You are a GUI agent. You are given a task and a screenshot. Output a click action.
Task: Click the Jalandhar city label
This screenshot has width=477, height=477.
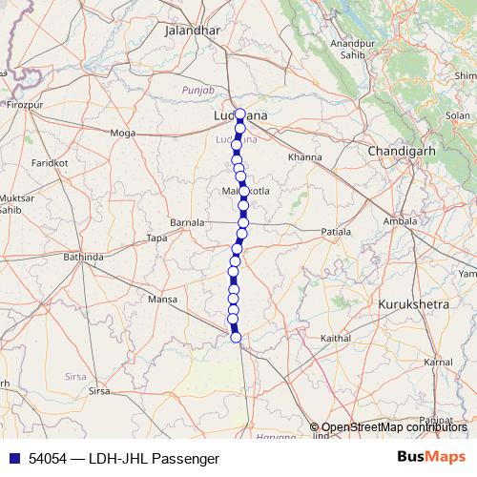pos(193,31)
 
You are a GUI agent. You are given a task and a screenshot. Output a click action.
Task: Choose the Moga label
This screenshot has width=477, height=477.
pos(124,133)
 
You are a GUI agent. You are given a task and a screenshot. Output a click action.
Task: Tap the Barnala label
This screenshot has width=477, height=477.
pos(187,222)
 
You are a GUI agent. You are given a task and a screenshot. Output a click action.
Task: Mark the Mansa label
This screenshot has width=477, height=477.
pos(164,300)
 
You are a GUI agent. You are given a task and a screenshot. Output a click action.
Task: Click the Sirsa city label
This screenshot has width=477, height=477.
pos(99,391)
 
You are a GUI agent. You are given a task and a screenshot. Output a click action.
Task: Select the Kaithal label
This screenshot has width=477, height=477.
pos(336,338)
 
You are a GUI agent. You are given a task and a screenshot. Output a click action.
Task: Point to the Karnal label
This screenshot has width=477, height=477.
pos(438,363)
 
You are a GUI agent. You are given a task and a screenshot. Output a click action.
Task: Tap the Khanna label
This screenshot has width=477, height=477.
pos(305,156)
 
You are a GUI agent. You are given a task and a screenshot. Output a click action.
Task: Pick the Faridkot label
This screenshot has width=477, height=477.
pos(50,163)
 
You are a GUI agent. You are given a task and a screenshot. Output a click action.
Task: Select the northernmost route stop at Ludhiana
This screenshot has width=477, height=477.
pos(240,114)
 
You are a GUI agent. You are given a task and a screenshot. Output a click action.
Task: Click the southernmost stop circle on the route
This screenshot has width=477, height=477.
pos(236,337)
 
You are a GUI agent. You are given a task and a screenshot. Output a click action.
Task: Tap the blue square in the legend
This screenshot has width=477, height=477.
pos(11,459)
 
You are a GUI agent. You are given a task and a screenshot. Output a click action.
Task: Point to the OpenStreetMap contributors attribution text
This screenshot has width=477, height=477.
pos(394,427)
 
